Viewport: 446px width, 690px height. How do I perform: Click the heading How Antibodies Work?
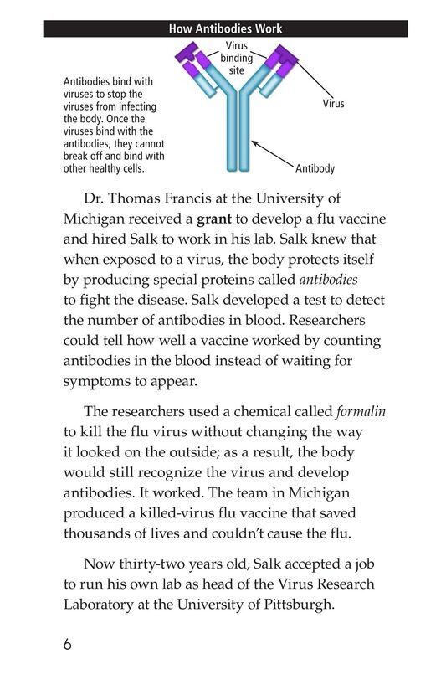(x=225, y=29)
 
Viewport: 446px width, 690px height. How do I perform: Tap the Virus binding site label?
(x=237, y=58)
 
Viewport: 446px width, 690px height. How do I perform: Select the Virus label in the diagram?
(x=333, y=104)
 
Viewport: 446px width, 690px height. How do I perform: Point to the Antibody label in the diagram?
(x=315, y=168)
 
